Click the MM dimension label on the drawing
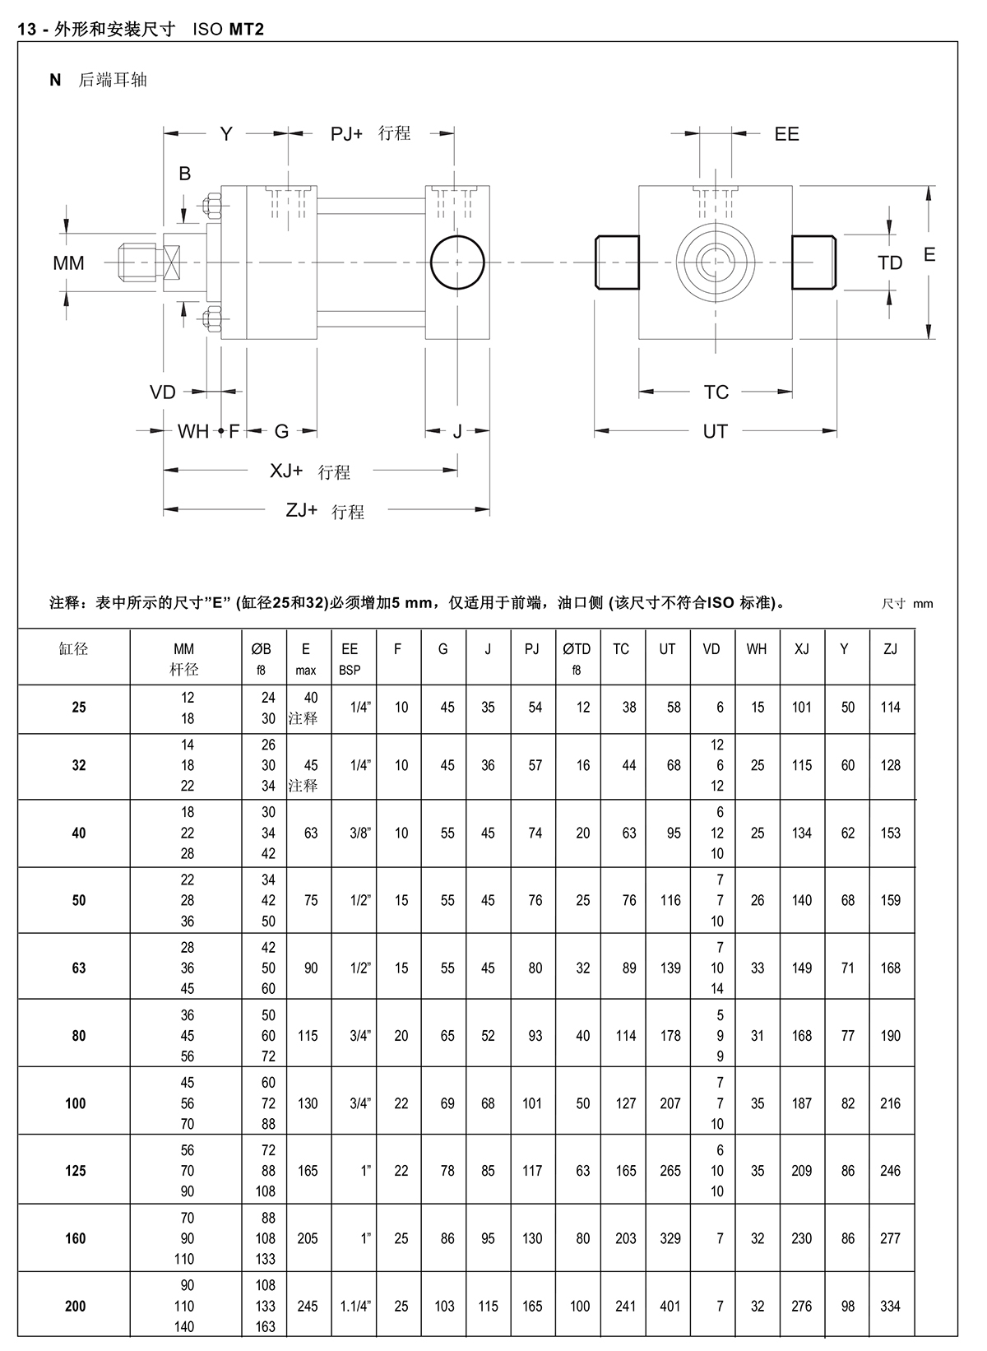(68, 263)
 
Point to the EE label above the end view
(786, 134)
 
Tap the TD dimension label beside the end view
(890, 263)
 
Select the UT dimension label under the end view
(715, 431)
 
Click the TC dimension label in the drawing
(716, 392)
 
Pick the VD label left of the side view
(163, 392)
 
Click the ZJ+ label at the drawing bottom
(302, 511)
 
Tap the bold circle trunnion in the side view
(457, 262)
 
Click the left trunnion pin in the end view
(617, 262)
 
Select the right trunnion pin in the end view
(814, 262)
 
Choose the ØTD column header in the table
(577, 649)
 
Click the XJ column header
(802, 649)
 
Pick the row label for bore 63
(79, 968)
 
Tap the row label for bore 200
(75, 1306)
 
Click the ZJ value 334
(891, 1306)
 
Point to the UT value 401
(670, 1306)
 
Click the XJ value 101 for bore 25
(802, 707)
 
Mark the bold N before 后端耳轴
(56, 80)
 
